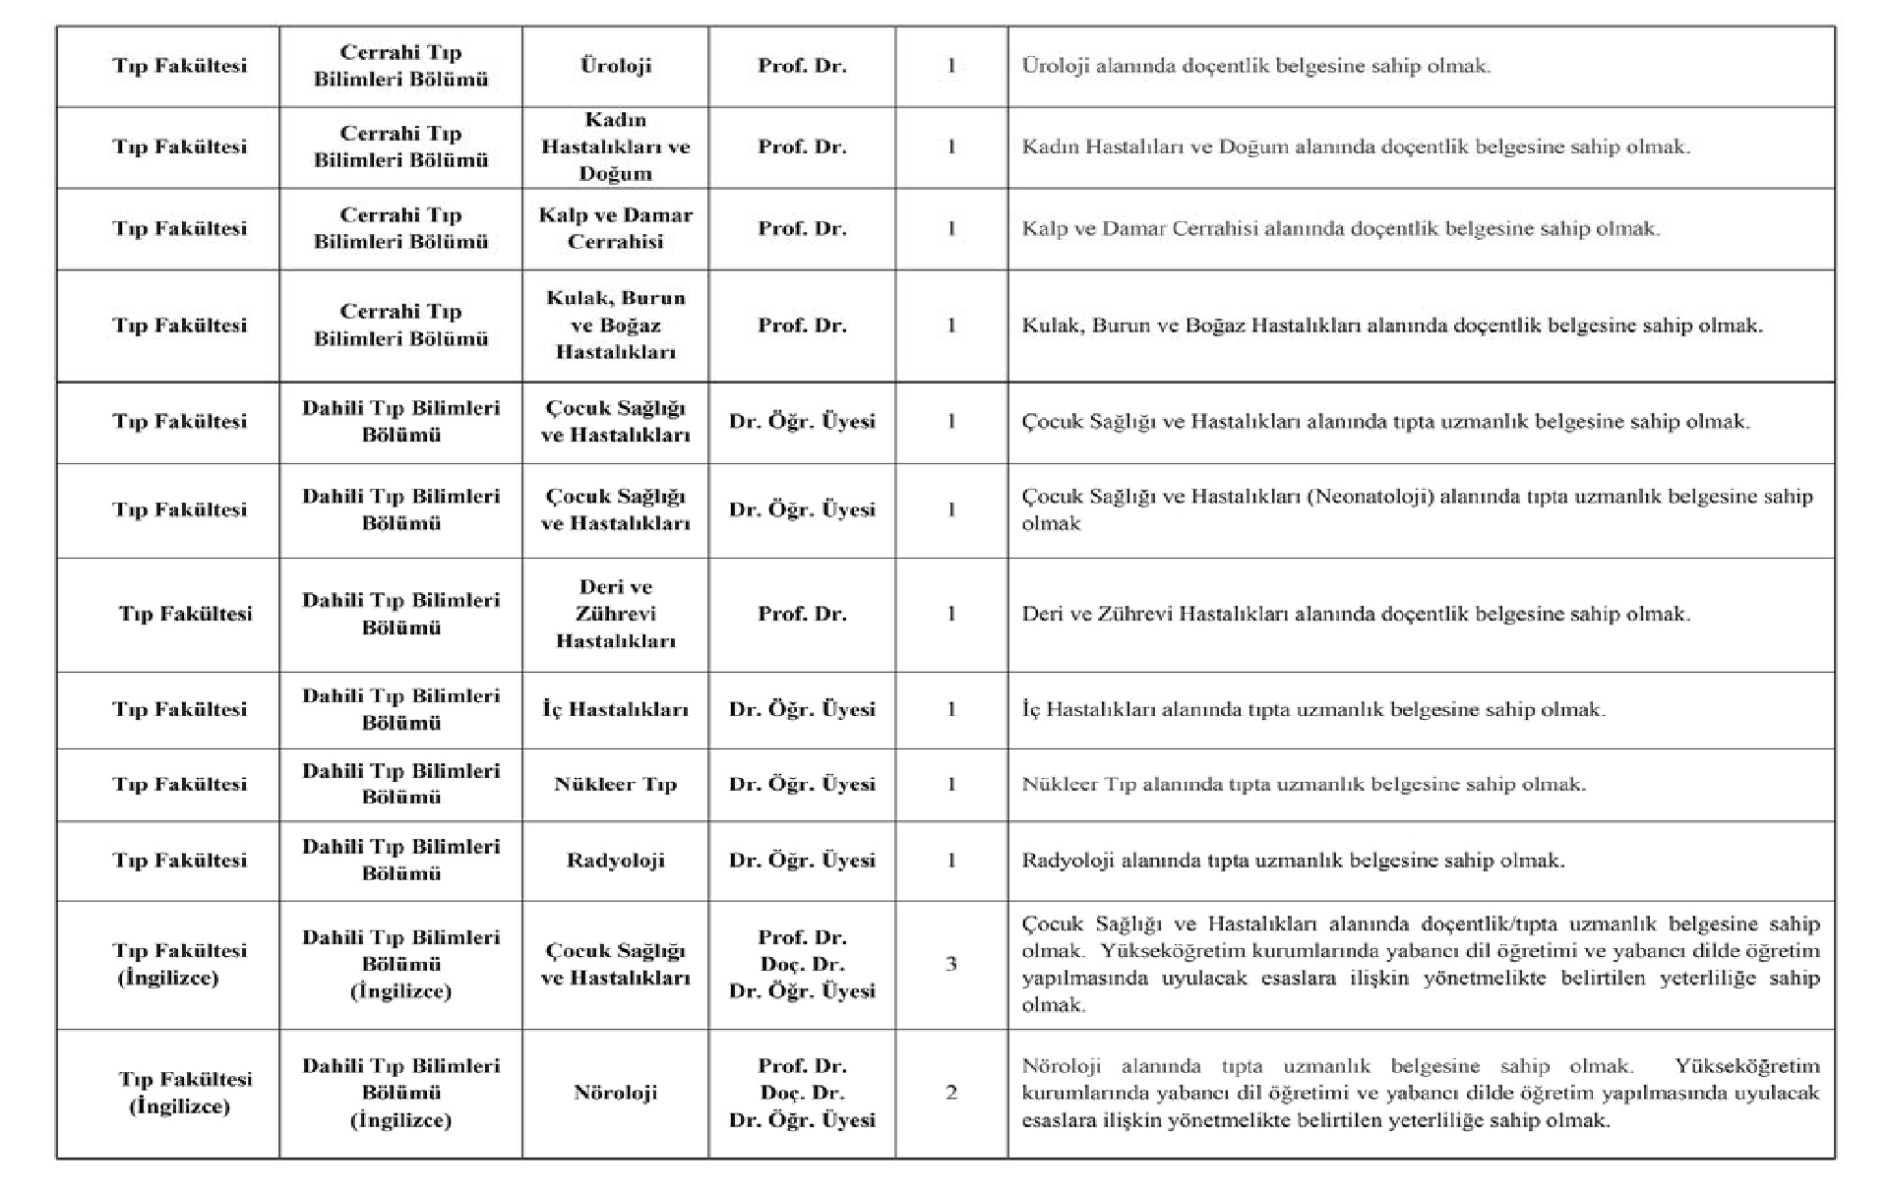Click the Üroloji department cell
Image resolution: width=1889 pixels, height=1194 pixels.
615,66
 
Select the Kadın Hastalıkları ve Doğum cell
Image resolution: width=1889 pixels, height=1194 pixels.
615,147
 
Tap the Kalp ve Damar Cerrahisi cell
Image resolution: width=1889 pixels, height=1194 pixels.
615,228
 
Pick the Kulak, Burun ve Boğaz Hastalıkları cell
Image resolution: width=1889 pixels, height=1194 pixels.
615,325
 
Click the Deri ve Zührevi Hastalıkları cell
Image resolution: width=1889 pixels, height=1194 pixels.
615,614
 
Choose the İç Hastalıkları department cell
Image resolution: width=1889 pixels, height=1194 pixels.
615,709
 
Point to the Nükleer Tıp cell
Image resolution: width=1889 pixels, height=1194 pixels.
615,784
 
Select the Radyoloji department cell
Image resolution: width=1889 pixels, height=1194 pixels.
615,861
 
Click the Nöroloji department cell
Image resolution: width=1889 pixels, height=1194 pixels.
615,1093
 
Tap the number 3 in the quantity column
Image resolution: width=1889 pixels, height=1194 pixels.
951,964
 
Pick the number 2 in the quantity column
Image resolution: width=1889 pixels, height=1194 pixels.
951,1093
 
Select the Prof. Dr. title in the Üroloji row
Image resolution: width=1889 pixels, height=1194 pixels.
802,66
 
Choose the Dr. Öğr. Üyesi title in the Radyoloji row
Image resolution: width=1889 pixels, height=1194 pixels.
802,861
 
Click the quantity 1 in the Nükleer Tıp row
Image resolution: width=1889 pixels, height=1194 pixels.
951,784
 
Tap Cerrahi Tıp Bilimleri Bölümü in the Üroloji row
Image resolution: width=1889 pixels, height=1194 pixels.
400,66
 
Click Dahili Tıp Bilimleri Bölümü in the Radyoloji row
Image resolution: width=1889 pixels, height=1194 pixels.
400,861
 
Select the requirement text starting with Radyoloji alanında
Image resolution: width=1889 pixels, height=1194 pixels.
1293,861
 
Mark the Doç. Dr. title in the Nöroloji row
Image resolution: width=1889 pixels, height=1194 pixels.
802,1093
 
